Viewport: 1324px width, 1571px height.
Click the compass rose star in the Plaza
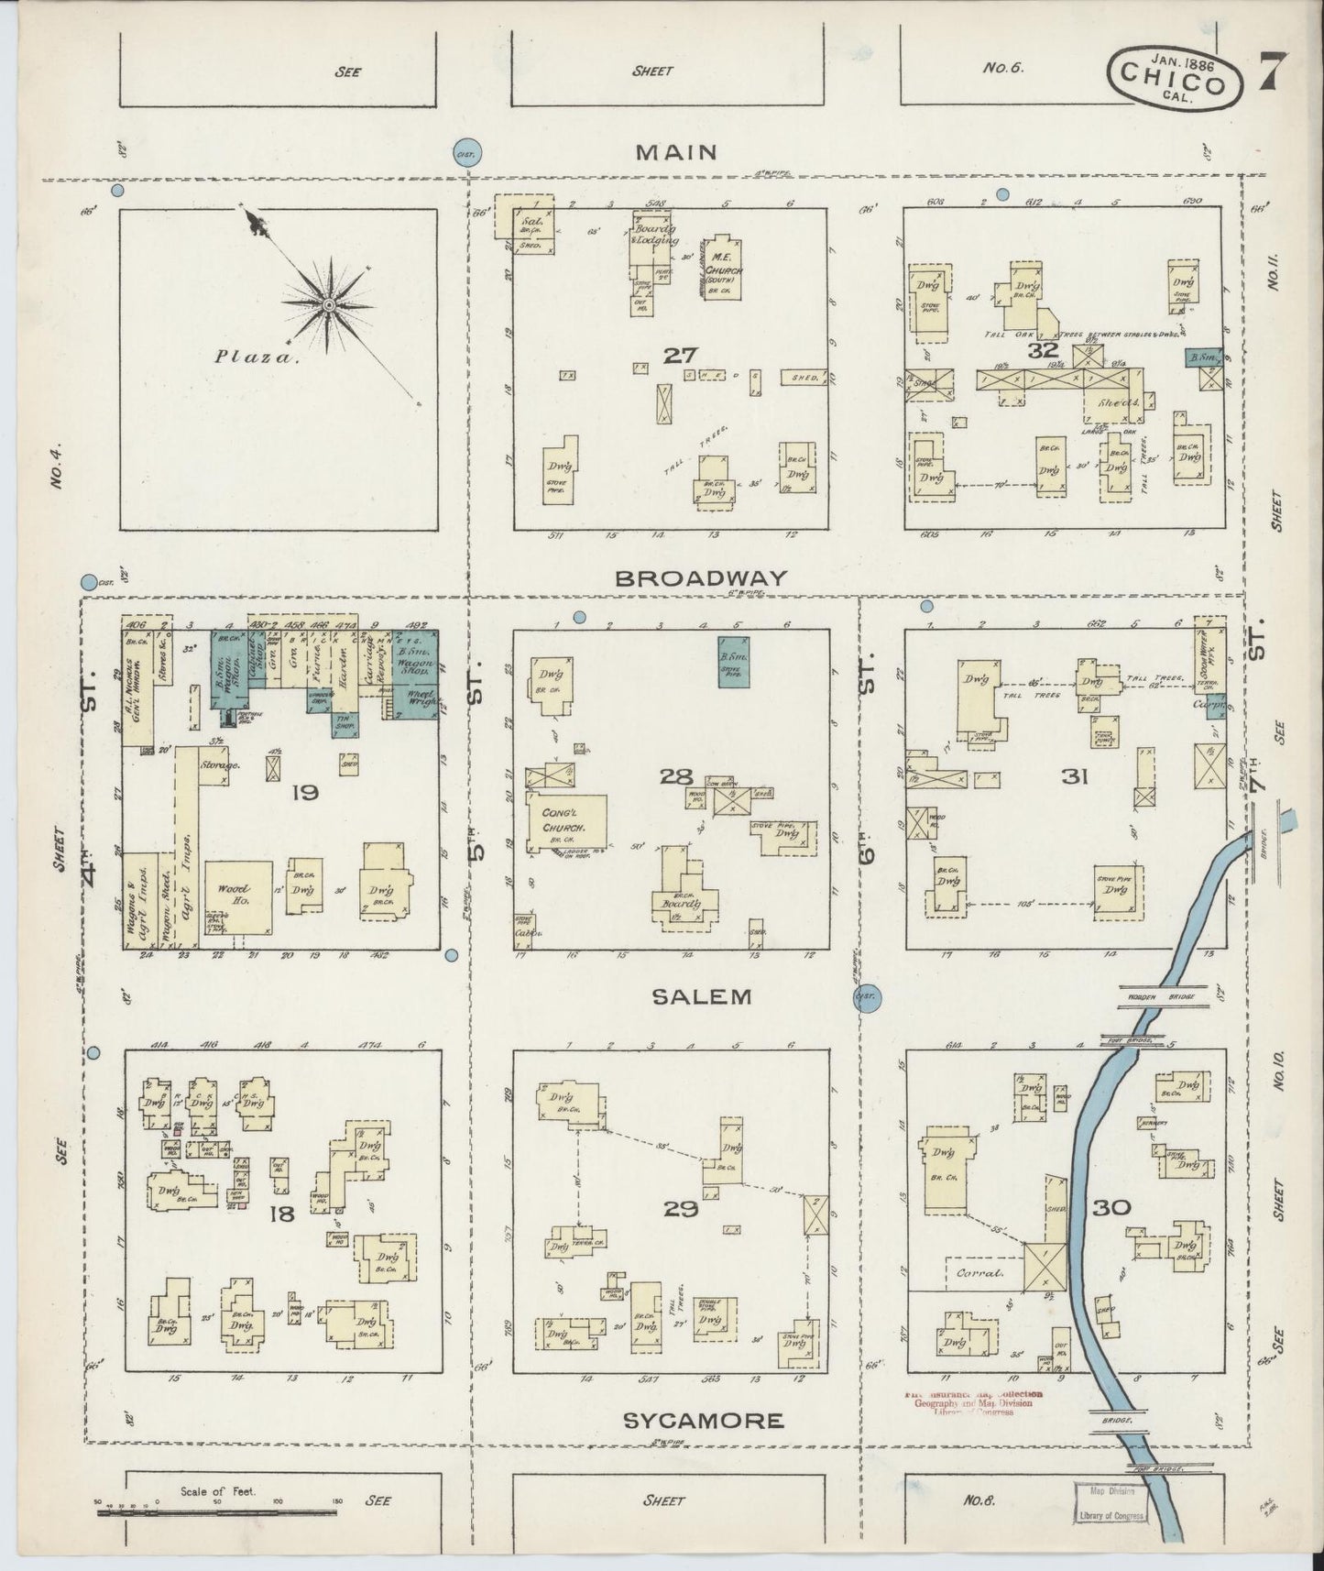(x=327, y=305)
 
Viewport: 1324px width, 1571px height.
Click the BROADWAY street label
(x=700, y=578)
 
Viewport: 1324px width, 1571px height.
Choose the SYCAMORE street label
(x=703, y=1421)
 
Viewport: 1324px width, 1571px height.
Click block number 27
(x=679, y=355)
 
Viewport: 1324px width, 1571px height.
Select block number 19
(x=304, y=791)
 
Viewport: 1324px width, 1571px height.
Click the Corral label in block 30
(x=979, y=1273)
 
